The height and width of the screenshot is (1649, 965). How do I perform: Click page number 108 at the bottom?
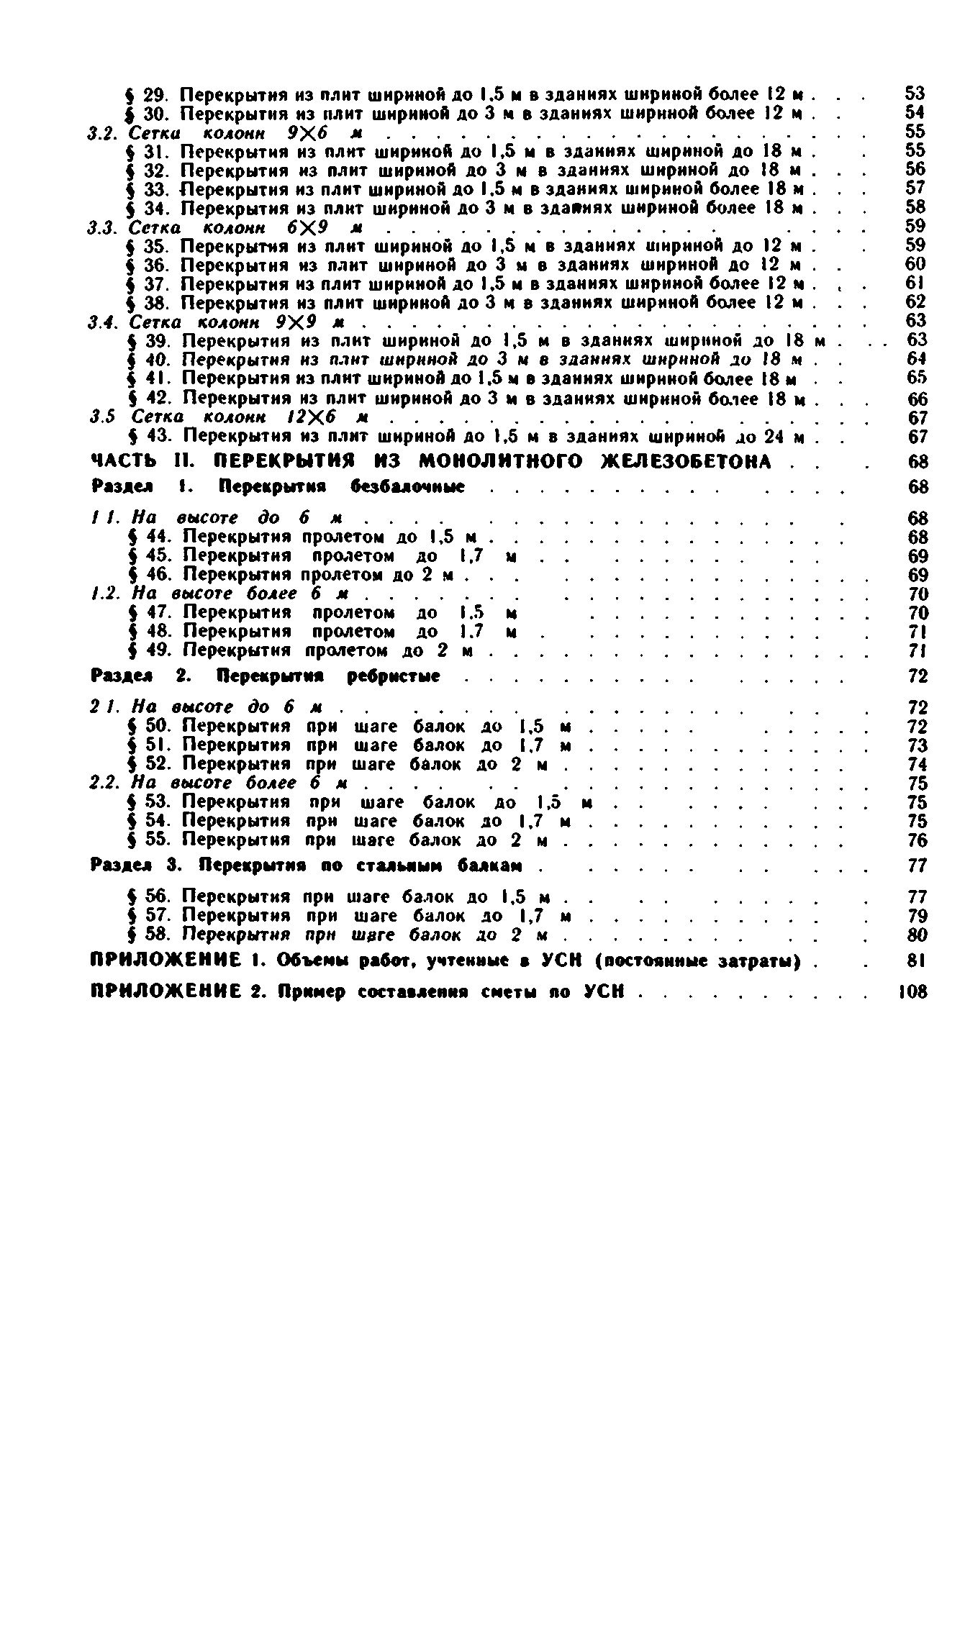click(x=914, y=992)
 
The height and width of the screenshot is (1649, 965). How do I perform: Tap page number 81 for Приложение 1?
click(x=915, y=960)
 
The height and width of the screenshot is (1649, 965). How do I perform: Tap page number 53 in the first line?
click(x=915, y=94)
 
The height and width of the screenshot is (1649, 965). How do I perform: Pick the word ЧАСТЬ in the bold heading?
click(x=122, y=461)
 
